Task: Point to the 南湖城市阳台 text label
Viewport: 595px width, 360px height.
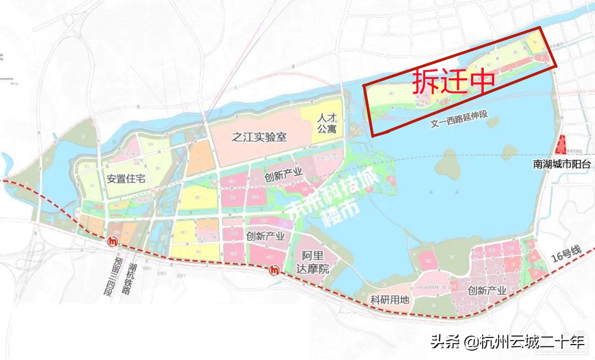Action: coord(562,164)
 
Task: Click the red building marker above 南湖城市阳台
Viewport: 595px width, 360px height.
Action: coord(562,145)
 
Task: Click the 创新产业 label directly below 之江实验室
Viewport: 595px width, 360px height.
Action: coord(284,174)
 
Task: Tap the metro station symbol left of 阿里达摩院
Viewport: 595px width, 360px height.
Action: coord(274,270)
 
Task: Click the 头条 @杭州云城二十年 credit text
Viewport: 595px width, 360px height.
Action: coord(507,342)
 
